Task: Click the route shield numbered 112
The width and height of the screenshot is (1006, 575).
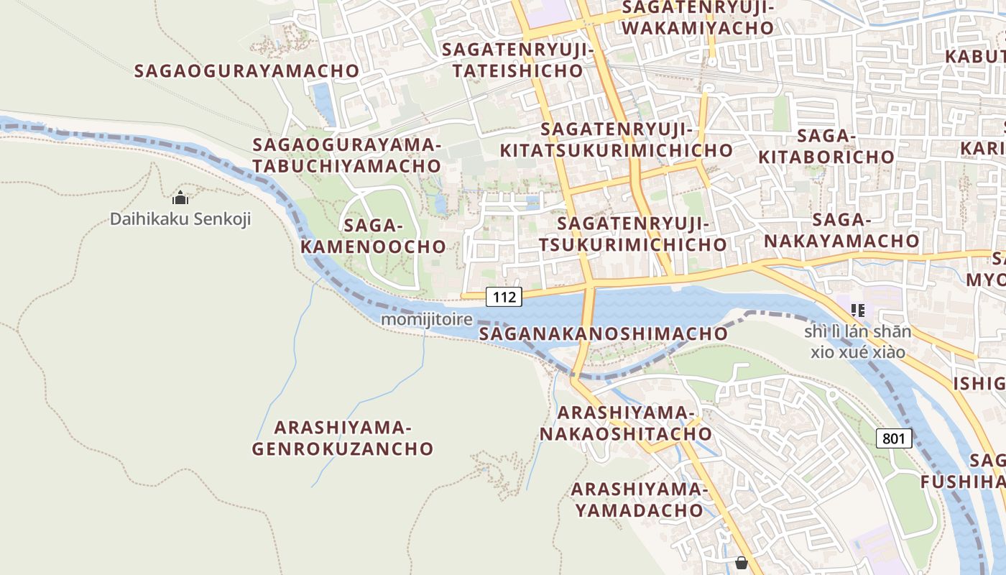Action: tap(503, 296)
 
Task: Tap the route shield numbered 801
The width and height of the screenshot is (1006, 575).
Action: tap(894, 438)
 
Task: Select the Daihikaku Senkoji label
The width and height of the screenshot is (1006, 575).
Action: tap(180, 218)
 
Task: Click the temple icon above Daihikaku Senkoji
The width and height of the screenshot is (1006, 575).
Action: tap(180, 197)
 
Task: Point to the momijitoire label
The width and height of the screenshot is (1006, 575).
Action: tap(427, 318)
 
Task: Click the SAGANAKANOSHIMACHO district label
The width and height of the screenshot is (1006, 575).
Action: tap(603, 333)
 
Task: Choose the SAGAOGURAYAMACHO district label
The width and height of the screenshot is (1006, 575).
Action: tap(246, 70)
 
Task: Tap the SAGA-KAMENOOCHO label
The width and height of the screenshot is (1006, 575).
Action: tap(373, 236)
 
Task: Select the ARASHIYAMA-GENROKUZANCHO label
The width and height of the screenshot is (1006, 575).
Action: tap(343, 438)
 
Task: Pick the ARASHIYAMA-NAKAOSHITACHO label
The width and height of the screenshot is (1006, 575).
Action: tap(626, 423)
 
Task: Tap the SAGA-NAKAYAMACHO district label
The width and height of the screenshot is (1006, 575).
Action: tap(841, 230)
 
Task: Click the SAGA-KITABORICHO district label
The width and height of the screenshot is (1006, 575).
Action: tap(826, 146)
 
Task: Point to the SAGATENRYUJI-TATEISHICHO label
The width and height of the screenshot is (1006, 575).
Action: tap(517, 60)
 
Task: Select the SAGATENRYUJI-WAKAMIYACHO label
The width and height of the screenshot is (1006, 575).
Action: tap(698, 17)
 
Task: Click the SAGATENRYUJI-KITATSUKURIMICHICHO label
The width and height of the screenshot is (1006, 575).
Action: tap(616, 140)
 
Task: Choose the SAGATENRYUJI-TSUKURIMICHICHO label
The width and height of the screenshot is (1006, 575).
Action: tap(632, 234)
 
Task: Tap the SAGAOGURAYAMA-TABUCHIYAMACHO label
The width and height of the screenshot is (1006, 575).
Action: tap(346, 155)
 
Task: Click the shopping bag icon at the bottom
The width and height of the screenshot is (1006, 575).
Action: tap(741, 563)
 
